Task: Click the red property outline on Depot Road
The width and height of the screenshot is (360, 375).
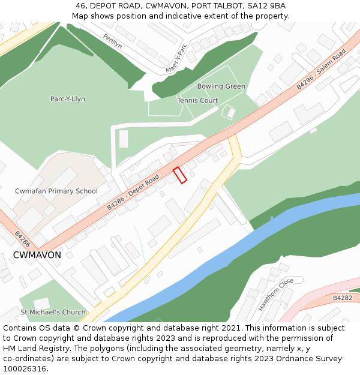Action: [180, 175]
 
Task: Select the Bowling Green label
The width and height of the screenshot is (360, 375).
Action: [221, 86]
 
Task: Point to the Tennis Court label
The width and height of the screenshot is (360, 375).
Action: [197, 100]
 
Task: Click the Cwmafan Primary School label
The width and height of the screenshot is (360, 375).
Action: [56, 191]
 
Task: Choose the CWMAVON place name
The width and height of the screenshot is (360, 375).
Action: [37, 255]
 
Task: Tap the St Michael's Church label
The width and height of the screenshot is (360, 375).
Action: [53, 313]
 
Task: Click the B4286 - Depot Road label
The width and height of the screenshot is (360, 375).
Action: [133, 192]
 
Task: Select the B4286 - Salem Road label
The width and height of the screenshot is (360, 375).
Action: [321, 70]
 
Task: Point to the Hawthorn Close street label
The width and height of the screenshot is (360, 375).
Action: [276, 294]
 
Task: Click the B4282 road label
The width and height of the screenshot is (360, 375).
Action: [343, 298]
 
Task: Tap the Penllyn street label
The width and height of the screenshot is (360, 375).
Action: [112, 40]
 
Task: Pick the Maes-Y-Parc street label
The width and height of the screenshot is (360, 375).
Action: [176, 58]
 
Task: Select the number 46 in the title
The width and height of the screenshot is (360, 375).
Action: [81, 6]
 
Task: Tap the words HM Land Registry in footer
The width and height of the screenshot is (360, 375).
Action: [32, 349]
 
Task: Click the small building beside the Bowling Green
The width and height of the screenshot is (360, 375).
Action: [229, 112]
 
